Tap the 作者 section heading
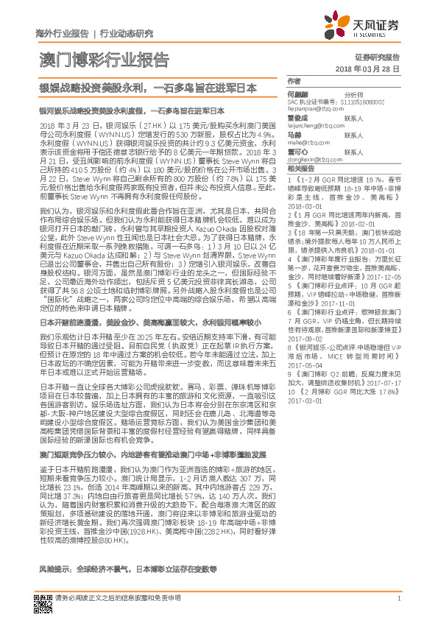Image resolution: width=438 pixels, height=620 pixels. tap(294, 80)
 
